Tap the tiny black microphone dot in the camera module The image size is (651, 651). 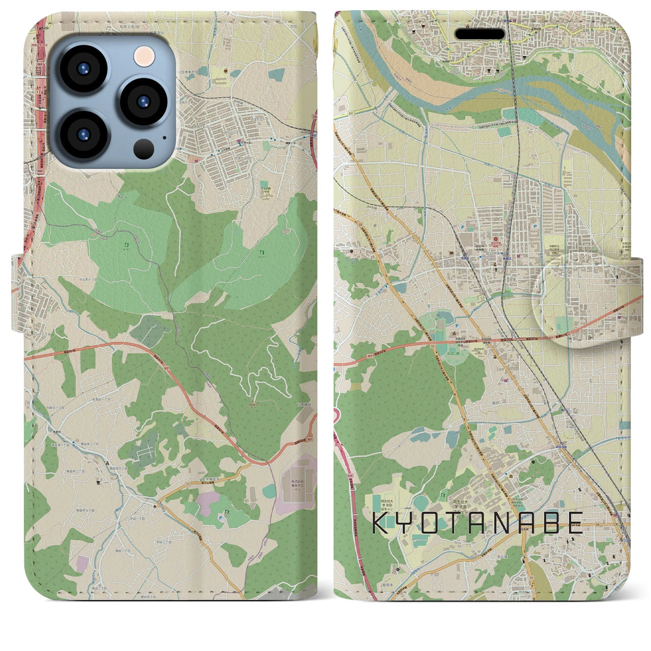coord(164,136)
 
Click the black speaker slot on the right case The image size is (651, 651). coord(480,34)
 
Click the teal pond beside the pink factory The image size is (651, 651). coord(270,491)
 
